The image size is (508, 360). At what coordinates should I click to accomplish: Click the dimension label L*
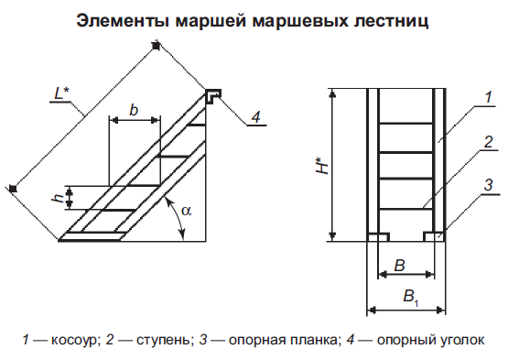click(x=61, y=93)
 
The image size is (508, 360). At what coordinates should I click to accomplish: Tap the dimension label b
click(x=134, y=110)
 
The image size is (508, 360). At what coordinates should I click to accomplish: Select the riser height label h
click(x=59, y=197)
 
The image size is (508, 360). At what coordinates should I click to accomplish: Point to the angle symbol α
click(x=187, y=211)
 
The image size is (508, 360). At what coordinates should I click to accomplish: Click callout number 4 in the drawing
click(x=256, y=116)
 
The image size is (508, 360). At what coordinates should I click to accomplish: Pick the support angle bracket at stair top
click(x=213, y=96)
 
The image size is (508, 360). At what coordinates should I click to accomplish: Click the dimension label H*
click(x=322, y=166)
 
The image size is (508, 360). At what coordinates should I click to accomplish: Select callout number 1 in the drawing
click(x=489, y=97)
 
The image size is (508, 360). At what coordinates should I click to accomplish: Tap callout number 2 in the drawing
click(x=489, y=142)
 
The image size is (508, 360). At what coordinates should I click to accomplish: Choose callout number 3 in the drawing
click(x=489, y=185)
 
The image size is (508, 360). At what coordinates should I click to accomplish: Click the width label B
click(x=399, y=266)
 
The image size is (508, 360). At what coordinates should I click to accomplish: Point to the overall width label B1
click(x=411, y=297)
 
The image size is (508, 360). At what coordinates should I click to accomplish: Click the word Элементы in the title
click(x=123, y=21)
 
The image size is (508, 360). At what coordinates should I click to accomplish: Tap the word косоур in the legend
click(x=74, y=340)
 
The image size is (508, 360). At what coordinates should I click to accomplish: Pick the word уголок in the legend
click(x=463, y=340)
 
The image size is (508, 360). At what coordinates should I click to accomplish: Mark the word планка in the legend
click(x=315, y=340)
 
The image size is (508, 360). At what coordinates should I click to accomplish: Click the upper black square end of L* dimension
click(x=157, y=47)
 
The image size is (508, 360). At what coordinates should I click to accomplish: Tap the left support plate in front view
click(x=378, y=237)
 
